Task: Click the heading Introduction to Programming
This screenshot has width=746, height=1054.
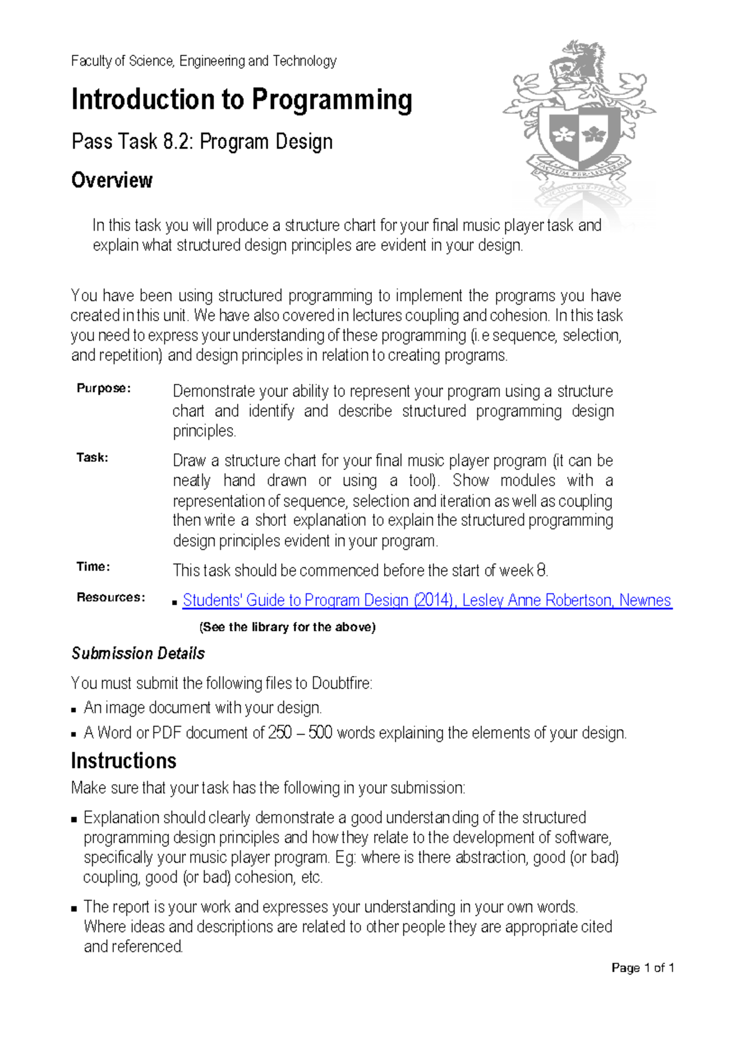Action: tap(241, 101)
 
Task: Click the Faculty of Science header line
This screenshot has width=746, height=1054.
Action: tap(203, 61)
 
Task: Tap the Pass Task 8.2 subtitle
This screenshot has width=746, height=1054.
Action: tap(202, 142)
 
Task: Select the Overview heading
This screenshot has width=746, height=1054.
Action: tap(112, 180)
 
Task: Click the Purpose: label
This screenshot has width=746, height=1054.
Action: tap(103, 388)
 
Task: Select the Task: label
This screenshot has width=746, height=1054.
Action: tap(92, 457)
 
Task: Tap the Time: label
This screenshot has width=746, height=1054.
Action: tap(93, 567)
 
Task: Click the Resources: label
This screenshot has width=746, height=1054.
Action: tap(111, 597)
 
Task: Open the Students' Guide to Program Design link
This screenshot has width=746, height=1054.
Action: tap(426, 600)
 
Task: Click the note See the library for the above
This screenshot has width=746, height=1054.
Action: tap(287, 627)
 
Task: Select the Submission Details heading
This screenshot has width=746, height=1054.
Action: tap(138, 654)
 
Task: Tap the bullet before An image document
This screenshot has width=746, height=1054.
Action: tap(74, 709)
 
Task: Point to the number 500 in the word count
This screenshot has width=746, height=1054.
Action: tap(320, 733)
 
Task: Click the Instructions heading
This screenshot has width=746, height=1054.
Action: tap(124, 761)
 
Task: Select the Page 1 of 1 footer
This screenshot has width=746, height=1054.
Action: tap(643, 968)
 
